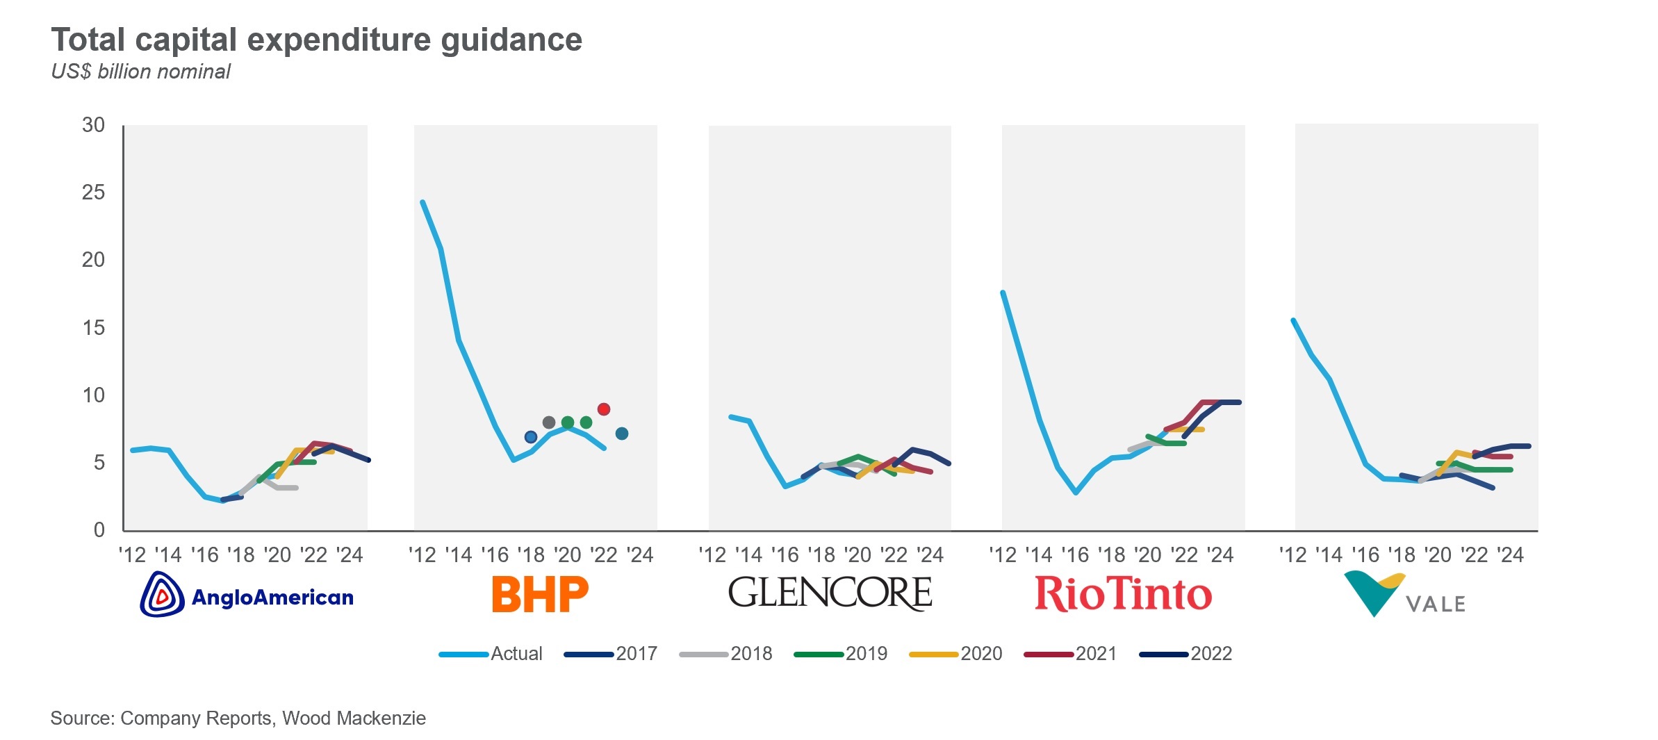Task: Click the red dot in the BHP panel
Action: (603, 409)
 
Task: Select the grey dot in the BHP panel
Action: (548, 422)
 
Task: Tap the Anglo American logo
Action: (247, 595)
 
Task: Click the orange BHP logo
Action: (540, 594)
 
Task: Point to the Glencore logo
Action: (830, 593)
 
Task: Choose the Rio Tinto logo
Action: (1123, 594)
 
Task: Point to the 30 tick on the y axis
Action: (93, 125)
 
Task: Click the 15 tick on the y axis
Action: (93, 327)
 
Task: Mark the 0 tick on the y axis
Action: (99, 529)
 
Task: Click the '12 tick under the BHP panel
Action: (422, 555)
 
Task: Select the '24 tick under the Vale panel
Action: (1510, 555)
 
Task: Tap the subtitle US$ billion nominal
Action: (140, 72)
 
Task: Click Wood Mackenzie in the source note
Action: (354, 718)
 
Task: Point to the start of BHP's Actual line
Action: (422, 202)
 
